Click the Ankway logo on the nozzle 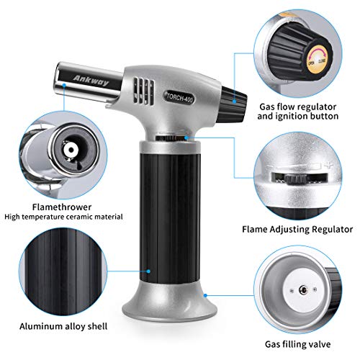pos(91,81)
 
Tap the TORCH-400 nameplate pos(179,97)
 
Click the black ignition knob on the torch pos(234,104)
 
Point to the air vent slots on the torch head pos(144,91)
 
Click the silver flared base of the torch pos(165,302)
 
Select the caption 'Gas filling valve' pos(297,344)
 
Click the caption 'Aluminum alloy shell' pos(63,326)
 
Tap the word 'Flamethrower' pos(62,207)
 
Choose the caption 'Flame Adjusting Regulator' pos(297,229)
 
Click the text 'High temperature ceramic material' pos(63,217)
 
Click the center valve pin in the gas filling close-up pos(303,290)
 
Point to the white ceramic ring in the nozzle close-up pos(71,150)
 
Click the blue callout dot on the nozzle pos(64,85)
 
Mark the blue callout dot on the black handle pos(148,271)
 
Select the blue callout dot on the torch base pos(205,295)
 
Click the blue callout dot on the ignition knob pos(235,102)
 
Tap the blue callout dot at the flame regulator pos(186,138)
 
